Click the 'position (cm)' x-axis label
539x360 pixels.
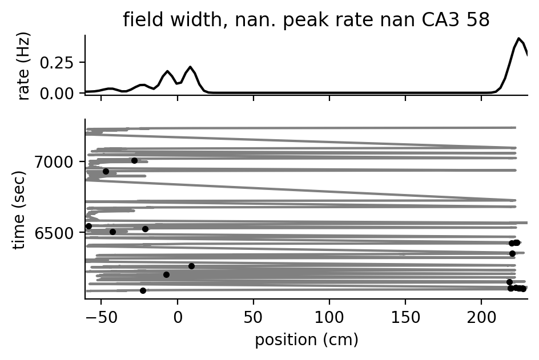pos(306,340)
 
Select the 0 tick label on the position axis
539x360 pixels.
pos(178,318)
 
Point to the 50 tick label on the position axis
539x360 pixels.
pos(254,318)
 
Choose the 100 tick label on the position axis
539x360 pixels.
pos(329,318)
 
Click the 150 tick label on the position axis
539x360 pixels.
pos(405,318)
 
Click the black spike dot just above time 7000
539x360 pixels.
pos(134,160)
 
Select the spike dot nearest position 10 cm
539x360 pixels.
pos(191,266)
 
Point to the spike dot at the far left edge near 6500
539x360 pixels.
pos(89,226)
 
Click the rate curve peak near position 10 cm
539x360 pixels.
pos(190,67)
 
